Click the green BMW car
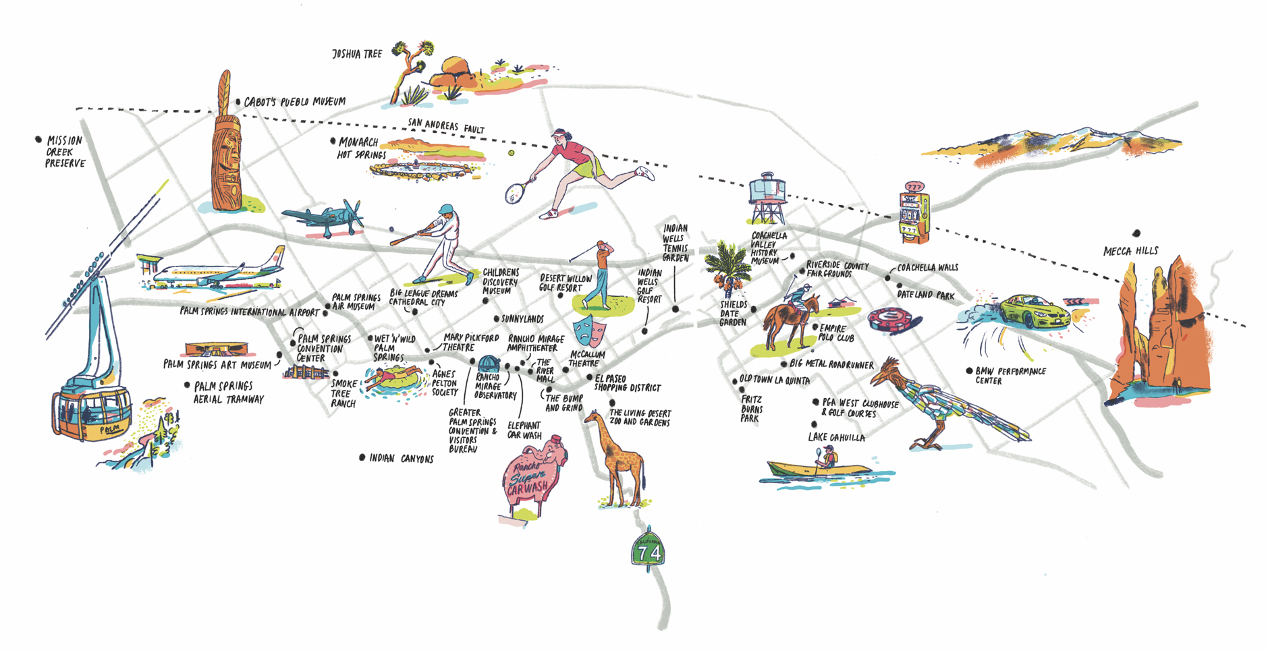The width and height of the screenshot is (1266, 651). click(1033, 311)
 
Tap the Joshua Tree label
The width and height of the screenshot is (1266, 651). click(357, 53)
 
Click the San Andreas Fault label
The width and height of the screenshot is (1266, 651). click(445, 125)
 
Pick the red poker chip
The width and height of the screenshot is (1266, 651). click(893, 320)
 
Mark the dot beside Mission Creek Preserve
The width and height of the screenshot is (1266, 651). click(38, 140)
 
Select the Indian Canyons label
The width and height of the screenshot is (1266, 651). click(401, 459)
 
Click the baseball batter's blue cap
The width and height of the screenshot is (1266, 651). click(446, 209)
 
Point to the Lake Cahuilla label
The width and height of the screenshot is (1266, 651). click(836, 438)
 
